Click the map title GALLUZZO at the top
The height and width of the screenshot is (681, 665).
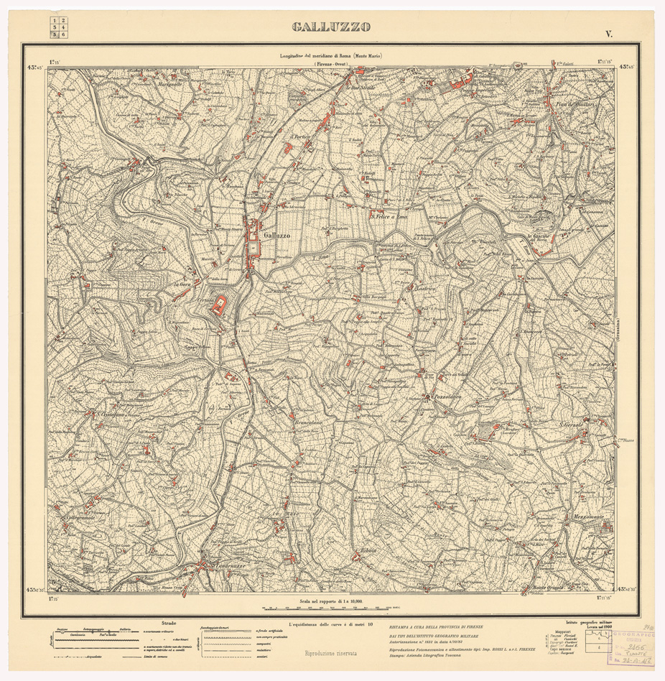click(331, 27)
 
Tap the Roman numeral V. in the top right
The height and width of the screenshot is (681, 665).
click(608, 33)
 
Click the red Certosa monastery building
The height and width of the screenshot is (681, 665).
click(220, 305)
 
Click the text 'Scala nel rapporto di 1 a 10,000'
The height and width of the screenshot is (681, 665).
click(331, 599)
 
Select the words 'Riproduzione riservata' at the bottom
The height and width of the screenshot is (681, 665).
click(331, 654)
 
